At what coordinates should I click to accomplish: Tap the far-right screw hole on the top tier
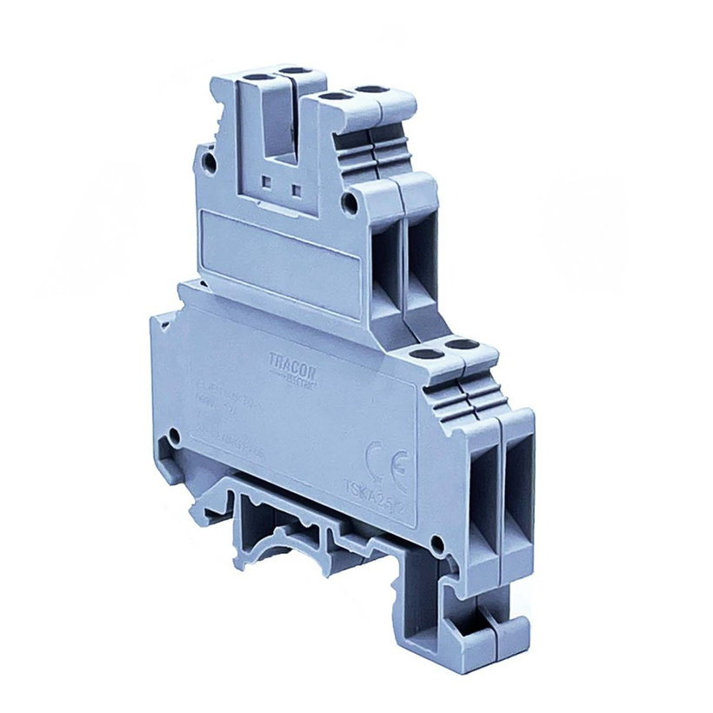(x=370, y=90)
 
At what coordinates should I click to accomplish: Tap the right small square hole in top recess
(x=298, y=187)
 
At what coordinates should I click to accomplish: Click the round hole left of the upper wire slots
(x=350, y=203)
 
